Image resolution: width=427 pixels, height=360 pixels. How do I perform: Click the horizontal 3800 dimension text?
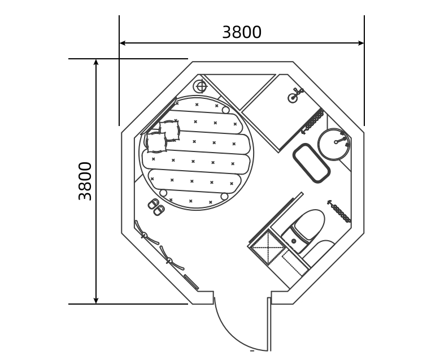[x=242, y=32]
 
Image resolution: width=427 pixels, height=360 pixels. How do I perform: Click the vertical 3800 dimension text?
[x=85, y=181]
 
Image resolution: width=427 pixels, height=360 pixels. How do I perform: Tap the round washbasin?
[x=334, y=144]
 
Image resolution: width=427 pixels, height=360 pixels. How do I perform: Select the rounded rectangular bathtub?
[x=311, y=163]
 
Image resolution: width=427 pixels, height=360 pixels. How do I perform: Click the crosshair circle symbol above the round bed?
[x=201, y=86]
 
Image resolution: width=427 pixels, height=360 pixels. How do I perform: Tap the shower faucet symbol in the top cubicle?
[x=295, y=96]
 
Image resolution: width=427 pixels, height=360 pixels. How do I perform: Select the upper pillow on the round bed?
[x=169, y=131]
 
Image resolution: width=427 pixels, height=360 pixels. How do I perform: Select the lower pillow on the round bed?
[x=156, y=142]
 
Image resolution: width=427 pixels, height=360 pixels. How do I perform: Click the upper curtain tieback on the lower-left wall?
[x=144, y=234]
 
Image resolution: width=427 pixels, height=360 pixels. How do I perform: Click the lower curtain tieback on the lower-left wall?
[x=169, y=260]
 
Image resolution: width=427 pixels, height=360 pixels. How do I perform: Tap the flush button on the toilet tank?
[x=294, y=241]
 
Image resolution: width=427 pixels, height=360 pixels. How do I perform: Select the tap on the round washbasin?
[x=341, y=138]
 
